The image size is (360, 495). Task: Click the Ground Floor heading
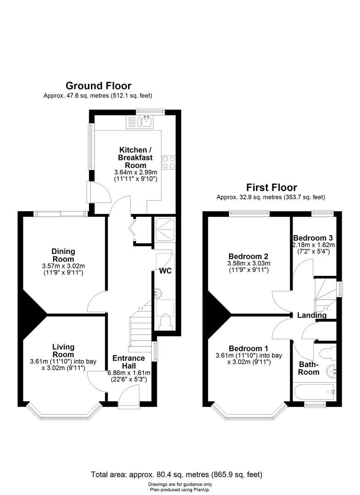[x=99, y=86]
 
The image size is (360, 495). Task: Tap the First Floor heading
[x=271, y=187]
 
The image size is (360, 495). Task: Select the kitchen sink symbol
[x=140, y=122]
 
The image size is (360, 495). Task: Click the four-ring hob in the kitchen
[x=168, y=162]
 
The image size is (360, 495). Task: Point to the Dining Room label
[x=63, y=255]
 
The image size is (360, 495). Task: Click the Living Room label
[x=63, y=351]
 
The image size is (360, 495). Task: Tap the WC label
[x=166, y=271]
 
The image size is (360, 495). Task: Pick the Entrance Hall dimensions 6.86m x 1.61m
[x=129, y=373]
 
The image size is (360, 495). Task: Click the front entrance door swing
[x=128, y=395]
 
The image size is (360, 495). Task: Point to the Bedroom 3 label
[x=313, y=238]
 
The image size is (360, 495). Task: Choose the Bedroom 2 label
[x=249, y=256]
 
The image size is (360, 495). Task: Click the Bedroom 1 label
[x=249, y=348]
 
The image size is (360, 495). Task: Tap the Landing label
[x=312, y=315]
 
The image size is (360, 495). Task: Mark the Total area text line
[x=177, y=474]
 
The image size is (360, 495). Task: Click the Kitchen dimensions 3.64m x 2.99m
[x=135, y=173]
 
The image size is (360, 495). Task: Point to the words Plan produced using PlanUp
[x=180, y=490]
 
